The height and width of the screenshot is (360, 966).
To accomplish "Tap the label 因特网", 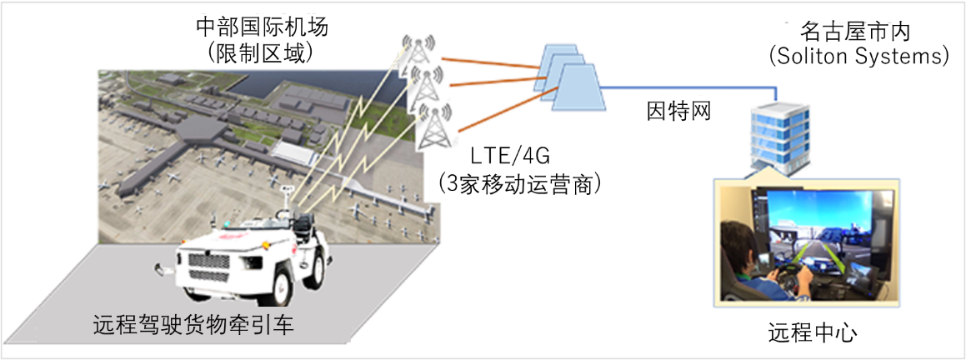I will click(x=679, y=111).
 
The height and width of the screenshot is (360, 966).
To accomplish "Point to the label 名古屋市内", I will click(x=855, y=32).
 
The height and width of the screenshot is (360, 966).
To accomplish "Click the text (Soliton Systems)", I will click(x=858, y=57).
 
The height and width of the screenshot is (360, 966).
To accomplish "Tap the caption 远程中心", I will click(x=813, y=333).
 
